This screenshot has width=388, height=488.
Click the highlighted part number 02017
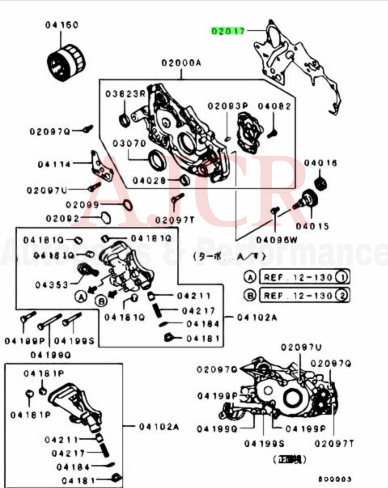(228, 31)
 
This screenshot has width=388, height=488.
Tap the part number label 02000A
(181, 64)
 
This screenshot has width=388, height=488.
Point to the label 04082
(274, 106)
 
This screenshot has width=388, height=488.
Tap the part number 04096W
(277, 240)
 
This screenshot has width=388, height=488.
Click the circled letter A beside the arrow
(81, 296)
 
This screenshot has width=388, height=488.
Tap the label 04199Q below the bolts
(50, 355)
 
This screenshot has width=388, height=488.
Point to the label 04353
(51, 285)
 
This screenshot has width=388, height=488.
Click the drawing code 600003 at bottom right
(334, 479)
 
